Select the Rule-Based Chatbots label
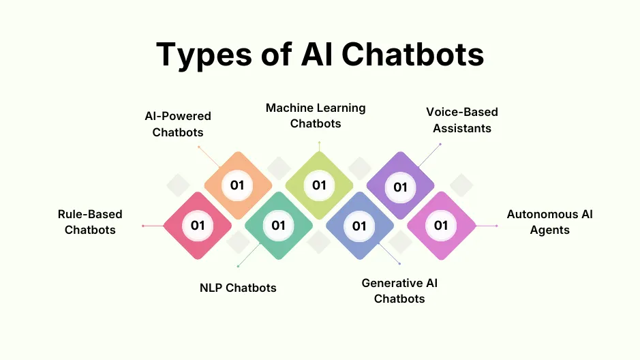pyautogui.click(x=90, y=222)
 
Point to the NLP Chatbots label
pyautogui.click(x=238, y=288)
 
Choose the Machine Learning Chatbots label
pyautogui.click(x=316, y=116)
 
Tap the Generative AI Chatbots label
pyautogui.click(x=399, y=290)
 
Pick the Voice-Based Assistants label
pyautogui.click(x=462, y=119)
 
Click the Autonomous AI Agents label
pyautogui.click(x=549, y=222)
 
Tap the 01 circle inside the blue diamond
pyautogui.click(x=359, y=226)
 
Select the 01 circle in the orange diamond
pyautogui.click(x=237, y=185)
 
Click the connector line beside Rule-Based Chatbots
pyautogui.click(x=153, y=226)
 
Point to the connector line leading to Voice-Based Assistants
pyautogui.click(x=429, y=155)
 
